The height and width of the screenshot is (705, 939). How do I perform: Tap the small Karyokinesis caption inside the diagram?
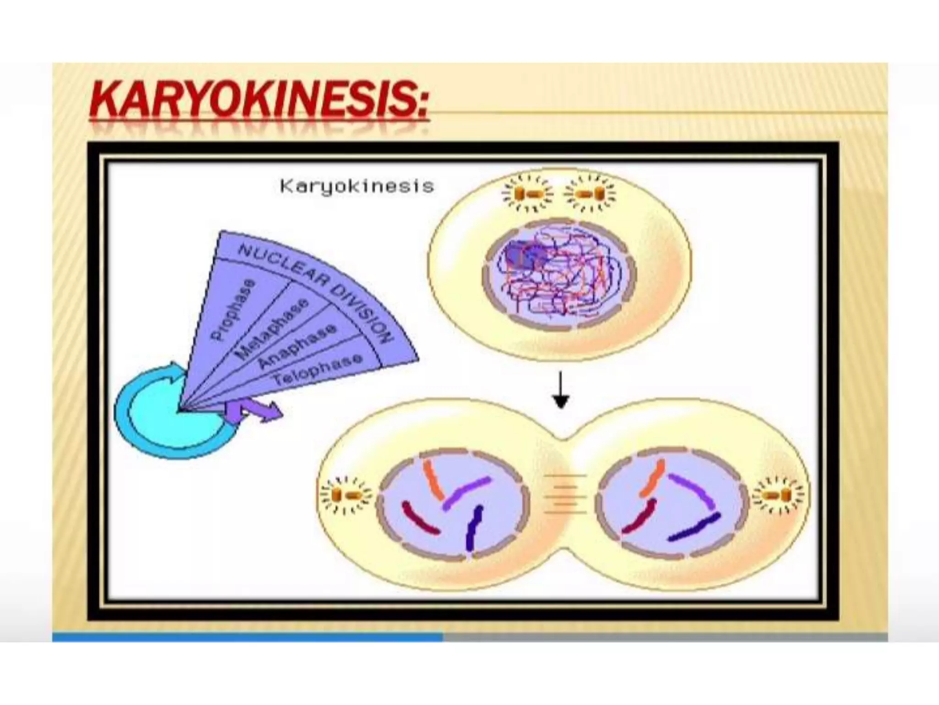(357, 186)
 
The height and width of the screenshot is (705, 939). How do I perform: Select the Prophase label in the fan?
(232, 310)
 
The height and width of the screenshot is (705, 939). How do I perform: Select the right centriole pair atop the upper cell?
(590, 194)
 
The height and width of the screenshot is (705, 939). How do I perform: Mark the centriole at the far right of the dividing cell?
(779, 495)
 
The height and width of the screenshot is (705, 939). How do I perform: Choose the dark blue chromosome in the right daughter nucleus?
(694, 527)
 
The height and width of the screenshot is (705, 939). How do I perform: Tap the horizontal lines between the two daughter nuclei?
(565, 494)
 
